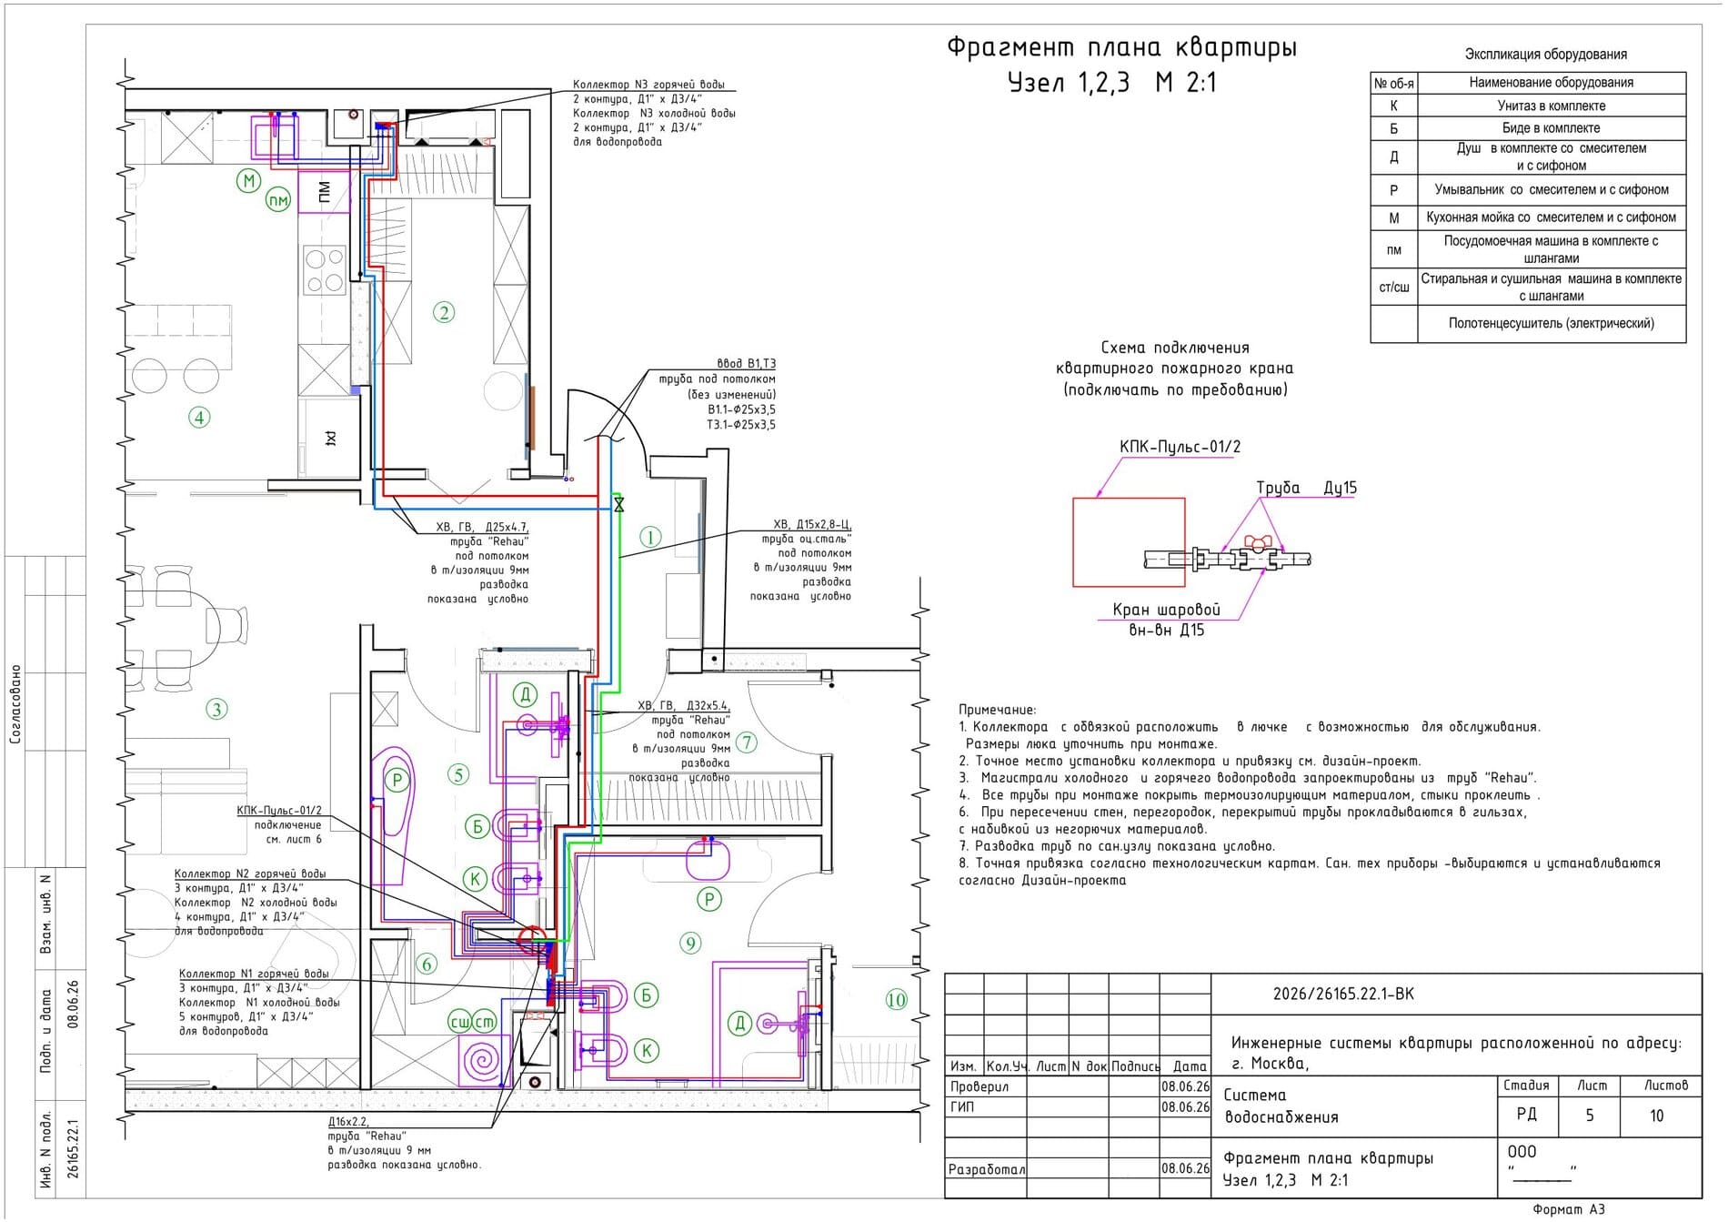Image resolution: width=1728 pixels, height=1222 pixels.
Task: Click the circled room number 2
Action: click(x=444, y=313)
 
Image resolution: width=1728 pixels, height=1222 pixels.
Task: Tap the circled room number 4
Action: click(x=199, y=418)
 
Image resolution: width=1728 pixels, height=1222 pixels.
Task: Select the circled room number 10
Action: click(x=896, y=1000)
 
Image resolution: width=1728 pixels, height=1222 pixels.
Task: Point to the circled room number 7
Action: click(x=747, y=742)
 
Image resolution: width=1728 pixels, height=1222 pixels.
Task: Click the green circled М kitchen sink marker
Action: click(x=249, y=180)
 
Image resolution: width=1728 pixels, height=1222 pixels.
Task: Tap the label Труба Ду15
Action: click(x=1306, y=488)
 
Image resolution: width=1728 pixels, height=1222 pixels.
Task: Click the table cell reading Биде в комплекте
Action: click(x=1551, y=127)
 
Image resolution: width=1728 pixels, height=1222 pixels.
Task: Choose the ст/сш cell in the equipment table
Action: click(x=1393, y=287)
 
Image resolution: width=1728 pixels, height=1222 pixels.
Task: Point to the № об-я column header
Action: click(x=1393, y=83)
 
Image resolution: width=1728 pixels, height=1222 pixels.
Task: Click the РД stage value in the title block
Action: click(x=1526, y=1115)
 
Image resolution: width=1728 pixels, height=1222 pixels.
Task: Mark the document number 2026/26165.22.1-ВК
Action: click(x=1343, y=994)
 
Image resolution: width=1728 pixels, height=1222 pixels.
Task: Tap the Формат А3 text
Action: click(x=1569, y=1209)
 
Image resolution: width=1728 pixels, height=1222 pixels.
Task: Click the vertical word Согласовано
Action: click(x=15, y=704)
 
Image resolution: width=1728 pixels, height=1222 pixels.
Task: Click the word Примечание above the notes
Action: click(x=997, y=710)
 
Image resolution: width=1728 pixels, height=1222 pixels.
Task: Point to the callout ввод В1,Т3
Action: click(x=746, y=364)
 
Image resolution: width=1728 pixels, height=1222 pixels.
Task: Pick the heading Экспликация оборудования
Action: click(x=1545, y=55)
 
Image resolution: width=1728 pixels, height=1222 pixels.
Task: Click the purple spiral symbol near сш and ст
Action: click(x=481, y=1060)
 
